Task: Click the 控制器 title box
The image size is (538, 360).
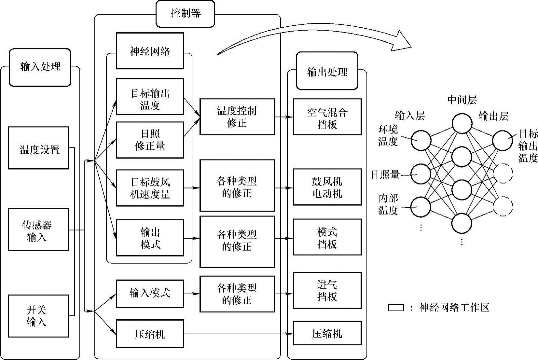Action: pos(185,14)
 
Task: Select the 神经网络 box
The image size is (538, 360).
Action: pos(150,51)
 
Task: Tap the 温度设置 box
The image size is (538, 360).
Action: pos(39,148)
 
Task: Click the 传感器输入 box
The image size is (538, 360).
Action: pos(39,229)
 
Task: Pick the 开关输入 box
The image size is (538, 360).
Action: pos(39,316)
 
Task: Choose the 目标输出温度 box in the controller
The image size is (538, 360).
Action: pos(150,97)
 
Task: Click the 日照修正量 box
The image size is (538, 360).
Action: pos(150,140)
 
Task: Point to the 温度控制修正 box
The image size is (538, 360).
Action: pos(237,117)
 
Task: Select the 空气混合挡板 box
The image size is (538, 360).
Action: pos(327,117)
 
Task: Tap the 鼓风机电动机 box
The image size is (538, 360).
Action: pos(327,187)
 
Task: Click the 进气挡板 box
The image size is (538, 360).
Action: pos(327,290)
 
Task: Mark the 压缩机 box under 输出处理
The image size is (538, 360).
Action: pos(327,333)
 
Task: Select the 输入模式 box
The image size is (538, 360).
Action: pos(150,293)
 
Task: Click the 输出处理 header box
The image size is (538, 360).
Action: pos(327,71)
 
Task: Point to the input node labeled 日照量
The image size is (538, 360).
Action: pos(421,174)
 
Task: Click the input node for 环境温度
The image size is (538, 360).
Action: pos(421,140)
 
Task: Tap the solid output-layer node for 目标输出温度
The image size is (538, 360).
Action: pos(503,141)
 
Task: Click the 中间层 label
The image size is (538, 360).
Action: pos(462,100)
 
